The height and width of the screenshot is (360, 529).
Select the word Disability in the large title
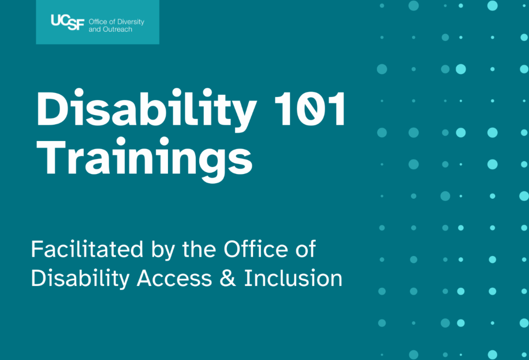point(145,109)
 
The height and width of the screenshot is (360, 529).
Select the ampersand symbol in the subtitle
point(227,278)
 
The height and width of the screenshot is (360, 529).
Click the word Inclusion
point(293,278)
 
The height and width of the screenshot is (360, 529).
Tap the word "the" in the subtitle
point(200,250)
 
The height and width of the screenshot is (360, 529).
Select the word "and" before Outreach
point(95,30)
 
